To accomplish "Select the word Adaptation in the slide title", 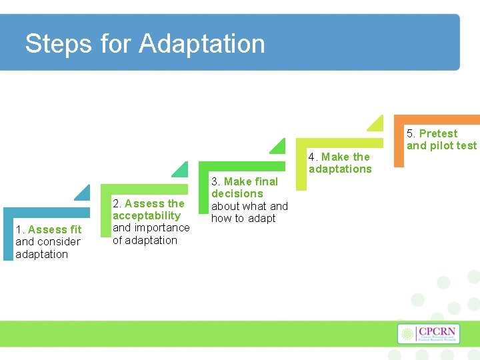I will tap(202, 44).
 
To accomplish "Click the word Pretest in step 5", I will tap(438, 133).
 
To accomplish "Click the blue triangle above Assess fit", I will tap(83, 193).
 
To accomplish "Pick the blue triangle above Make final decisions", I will tap(278, 146).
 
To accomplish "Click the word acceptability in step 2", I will tap(147, 215).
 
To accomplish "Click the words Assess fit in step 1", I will tap(55, 229).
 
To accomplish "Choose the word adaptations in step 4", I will tap(340, 169).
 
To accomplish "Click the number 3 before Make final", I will tap(215, 181).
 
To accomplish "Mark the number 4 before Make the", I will tap(311, 157).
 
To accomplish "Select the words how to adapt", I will tap(243, 218).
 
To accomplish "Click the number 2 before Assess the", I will tap(116, 203).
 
